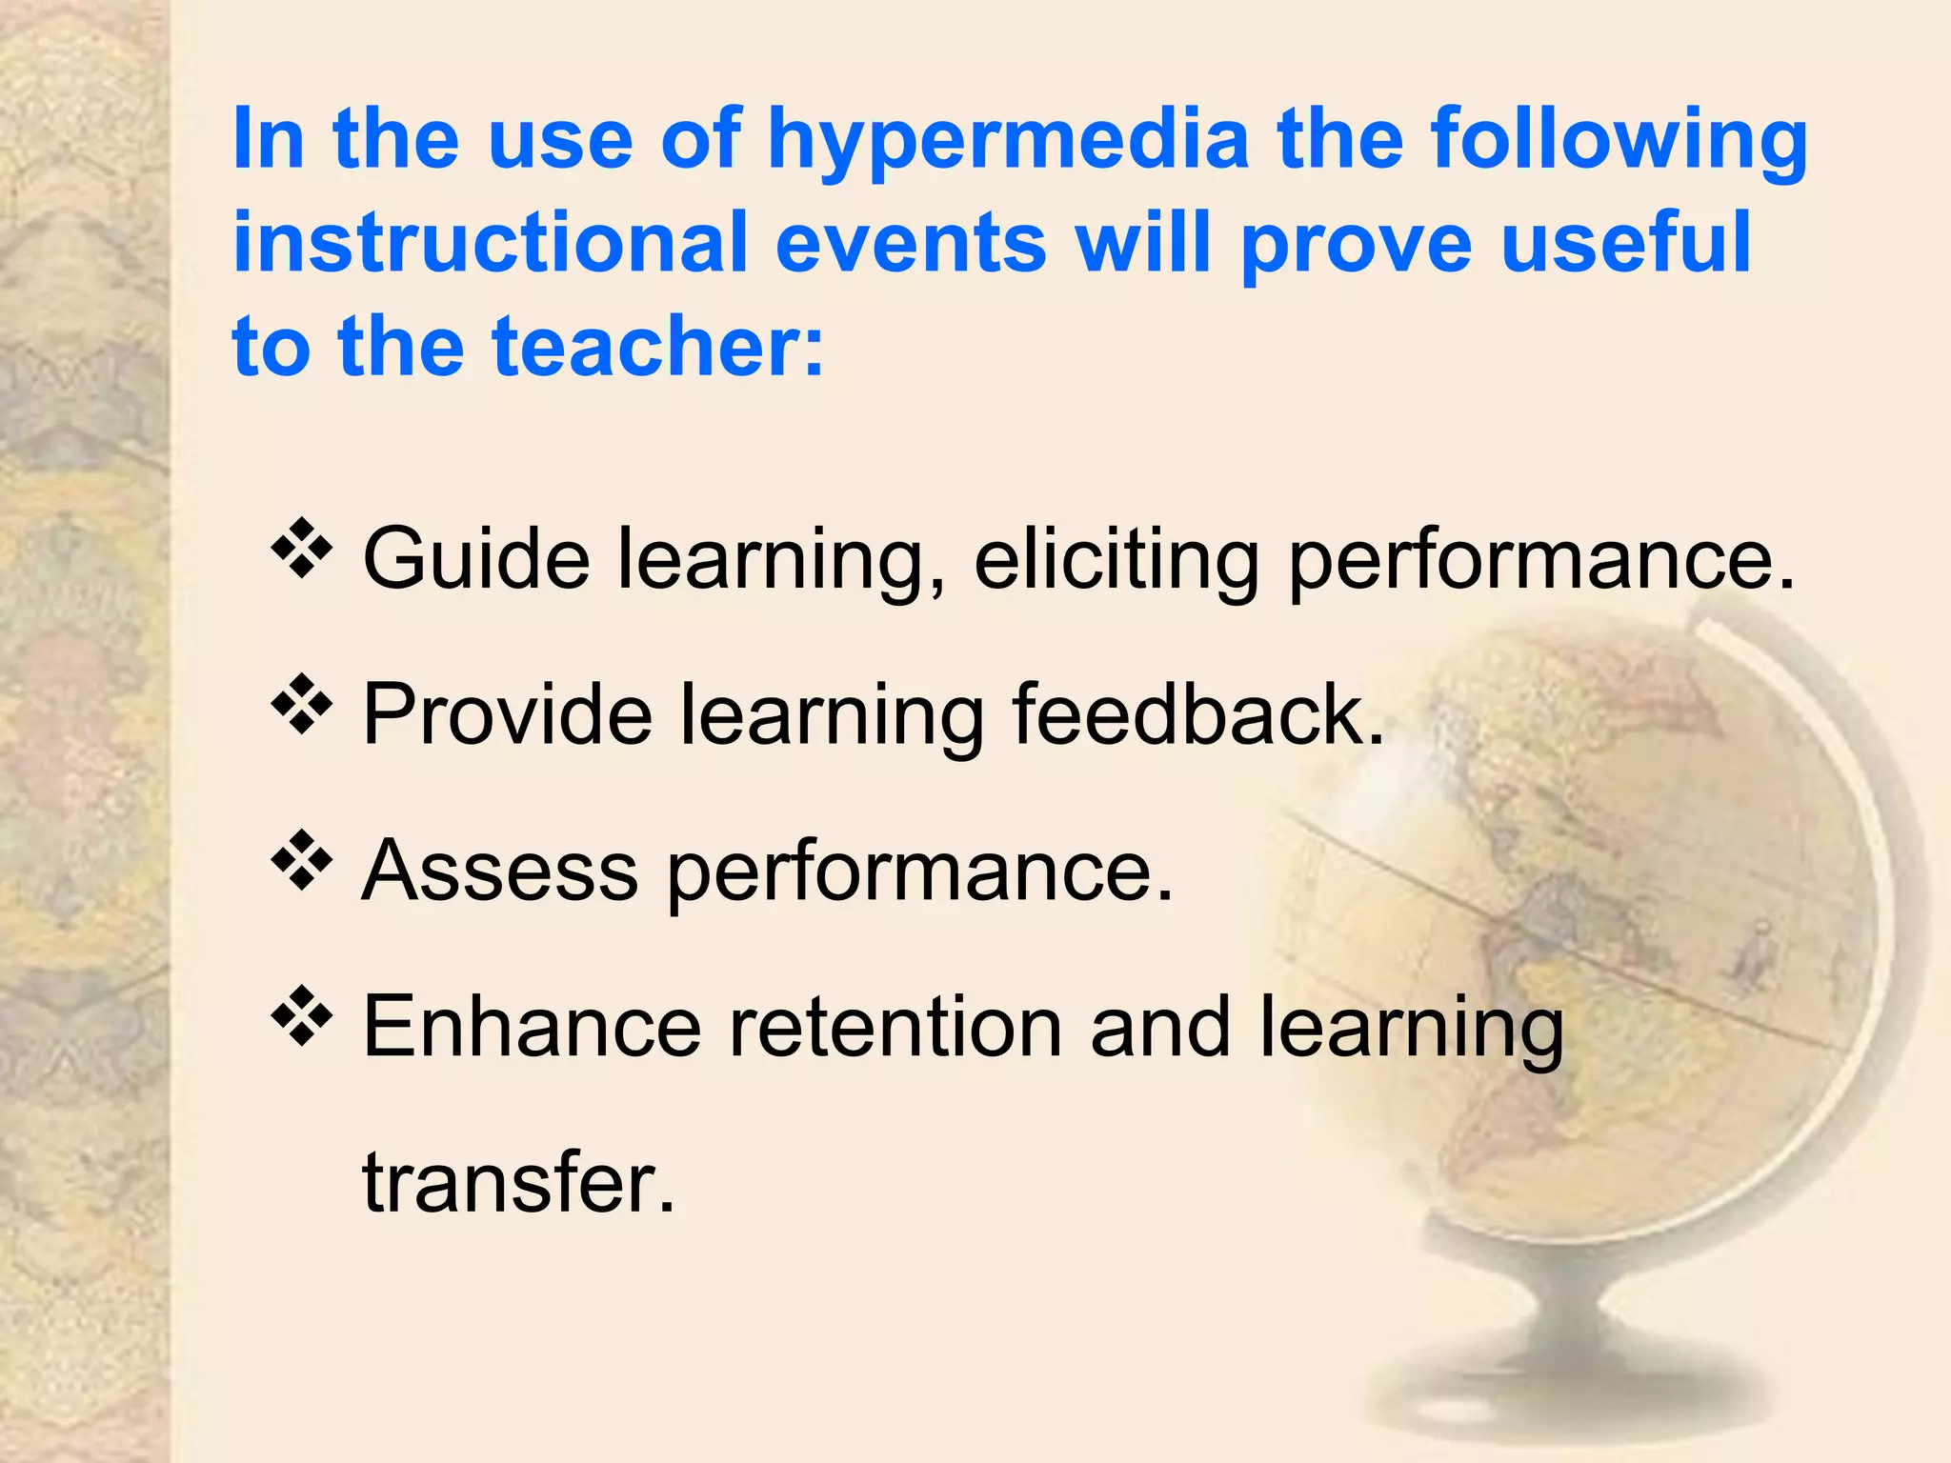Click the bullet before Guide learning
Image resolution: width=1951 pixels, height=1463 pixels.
(x=302, y=549)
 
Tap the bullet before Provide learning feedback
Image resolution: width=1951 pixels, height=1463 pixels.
(x=302, y=705)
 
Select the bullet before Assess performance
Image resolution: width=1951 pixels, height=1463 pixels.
(x=302, y=861)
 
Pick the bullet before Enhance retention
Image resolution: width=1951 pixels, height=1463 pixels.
(x=302, y=1017)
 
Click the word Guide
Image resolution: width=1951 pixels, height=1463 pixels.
(x=476, y=559)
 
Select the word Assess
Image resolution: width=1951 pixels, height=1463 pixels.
(x=500, y=871)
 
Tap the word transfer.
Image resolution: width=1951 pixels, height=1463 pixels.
(x=518, y=1183)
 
